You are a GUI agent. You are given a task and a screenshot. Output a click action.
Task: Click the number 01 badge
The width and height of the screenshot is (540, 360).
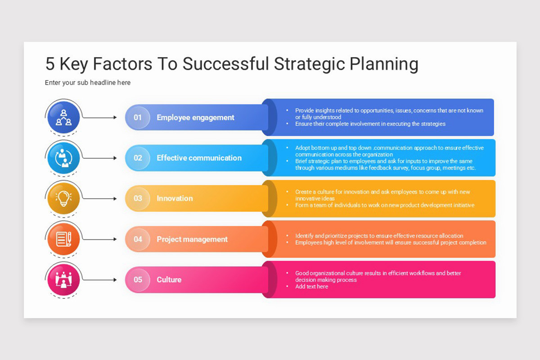point(138,117)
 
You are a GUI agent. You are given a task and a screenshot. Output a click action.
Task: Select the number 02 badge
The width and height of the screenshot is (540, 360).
point(138,158)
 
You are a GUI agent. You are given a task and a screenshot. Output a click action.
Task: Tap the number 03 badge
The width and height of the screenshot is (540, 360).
point(138,198)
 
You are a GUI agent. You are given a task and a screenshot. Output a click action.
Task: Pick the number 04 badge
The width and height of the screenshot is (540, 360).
point(138,239)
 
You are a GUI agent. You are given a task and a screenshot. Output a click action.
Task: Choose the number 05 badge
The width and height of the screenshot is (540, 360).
point(138,280)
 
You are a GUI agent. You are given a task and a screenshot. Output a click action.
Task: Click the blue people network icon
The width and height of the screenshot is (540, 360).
point(63,117)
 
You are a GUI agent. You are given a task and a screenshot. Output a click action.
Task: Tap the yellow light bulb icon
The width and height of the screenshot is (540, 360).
point(63,198)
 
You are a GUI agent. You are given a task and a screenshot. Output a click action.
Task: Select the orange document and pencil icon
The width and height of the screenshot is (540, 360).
point(63,239)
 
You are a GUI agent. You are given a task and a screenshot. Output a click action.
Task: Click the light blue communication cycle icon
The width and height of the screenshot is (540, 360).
point(63,158)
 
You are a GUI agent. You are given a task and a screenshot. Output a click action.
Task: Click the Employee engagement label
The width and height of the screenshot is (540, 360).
point(195,117)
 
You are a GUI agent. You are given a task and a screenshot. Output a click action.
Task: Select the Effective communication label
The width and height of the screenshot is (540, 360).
point(199,158)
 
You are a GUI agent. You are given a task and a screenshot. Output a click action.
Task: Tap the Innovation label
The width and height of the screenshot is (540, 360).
point(175,198)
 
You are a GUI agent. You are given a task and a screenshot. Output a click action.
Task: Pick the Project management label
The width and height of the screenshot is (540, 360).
point(192,239)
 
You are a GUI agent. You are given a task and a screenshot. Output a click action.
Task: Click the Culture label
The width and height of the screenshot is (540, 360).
point(169,280)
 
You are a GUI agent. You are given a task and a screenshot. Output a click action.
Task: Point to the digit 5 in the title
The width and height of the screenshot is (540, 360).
point(50,64)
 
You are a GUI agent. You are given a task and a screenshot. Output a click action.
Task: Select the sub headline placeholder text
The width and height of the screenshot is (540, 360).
point(88,83)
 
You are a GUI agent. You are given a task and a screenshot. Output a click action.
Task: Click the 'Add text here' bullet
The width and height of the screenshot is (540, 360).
point(311,287)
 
